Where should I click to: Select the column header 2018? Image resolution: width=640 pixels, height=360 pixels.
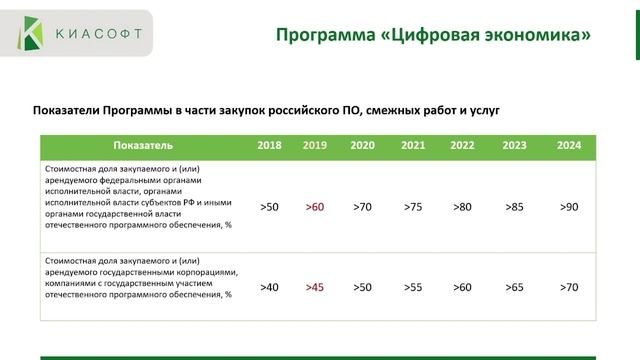pos(269,146)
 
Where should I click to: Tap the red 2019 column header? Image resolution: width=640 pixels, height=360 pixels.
pos(315,146)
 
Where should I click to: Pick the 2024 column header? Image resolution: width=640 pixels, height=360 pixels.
pos(569,146)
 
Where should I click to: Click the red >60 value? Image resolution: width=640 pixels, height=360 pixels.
pos(315,207)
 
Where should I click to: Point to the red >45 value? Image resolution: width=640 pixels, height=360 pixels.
pos(315,287)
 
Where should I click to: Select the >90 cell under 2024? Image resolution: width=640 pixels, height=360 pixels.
pos(569,207)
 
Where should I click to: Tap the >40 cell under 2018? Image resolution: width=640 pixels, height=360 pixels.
pos(269,287)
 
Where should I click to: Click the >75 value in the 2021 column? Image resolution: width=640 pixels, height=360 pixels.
pos(413,207)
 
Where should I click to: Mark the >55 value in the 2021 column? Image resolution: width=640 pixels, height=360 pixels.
pos(413,287)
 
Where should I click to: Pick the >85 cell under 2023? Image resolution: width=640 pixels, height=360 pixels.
pos(514,207)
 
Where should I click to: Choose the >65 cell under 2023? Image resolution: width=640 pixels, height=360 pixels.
pos(514,287)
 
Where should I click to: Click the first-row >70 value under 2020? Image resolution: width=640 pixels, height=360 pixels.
pos(362,207)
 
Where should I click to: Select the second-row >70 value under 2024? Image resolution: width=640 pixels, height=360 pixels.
pos(569,287)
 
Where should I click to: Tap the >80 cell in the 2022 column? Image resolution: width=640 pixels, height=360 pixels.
pos(462,207)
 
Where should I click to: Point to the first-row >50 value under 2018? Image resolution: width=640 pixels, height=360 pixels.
pos(269,207)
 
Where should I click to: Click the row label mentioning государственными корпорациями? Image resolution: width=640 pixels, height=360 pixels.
pos(139,278)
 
